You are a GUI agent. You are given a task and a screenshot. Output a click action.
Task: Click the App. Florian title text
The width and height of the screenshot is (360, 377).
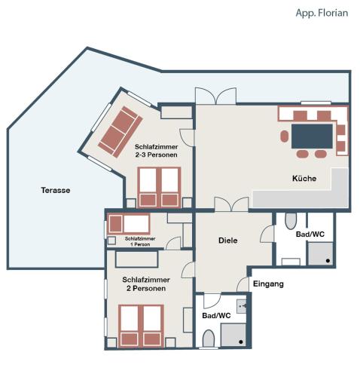click(322, 13)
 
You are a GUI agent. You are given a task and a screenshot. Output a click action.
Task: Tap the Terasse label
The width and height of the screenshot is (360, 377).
click(56, 190)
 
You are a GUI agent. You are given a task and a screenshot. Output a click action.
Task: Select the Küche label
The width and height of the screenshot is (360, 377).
click(304, 179)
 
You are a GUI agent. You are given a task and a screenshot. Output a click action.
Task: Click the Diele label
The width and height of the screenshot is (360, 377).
click(228, 241)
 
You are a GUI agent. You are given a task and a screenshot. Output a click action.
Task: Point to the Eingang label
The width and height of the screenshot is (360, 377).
click(268, 284)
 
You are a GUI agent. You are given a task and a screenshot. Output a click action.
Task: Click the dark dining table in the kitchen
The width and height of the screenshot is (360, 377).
click(312, 136)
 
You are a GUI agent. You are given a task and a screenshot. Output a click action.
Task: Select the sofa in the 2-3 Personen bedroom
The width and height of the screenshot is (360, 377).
click(121, 132)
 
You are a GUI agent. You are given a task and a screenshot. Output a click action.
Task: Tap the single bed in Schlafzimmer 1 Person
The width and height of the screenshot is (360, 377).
click(129, 224)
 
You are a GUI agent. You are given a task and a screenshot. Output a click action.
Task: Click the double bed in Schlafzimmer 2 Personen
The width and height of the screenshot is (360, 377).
click(141, 326)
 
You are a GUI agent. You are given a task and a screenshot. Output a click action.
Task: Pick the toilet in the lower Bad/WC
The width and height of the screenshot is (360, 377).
click(209, 339)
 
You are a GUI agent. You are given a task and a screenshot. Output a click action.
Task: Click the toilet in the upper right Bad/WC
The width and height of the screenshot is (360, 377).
click(291, 221)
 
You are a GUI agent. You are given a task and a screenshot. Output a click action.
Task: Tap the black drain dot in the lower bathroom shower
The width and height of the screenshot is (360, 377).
click(241, 342)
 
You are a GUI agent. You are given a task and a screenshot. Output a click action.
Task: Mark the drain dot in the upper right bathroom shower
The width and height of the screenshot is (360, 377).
click(328, 261)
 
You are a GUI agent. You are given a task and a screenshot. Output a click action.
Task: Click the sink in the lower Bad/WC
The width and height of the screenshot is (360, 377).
click(242, 306)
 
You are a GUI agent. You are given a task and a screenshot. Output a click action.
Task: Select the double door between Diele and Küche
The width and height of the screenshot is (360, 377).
click(231, 204)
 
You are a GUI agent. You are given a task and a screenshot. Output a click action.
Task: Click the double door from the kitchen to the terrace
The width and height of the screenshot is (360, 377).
click(216, 96)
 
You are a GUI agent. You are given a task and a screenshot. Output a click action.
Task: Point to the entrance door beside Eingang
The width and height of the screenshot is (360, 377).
click(243, 284)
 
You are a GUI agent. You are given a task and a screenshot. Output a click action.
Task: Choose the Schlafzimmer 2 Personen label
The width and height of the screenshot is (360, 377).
click(146, 284)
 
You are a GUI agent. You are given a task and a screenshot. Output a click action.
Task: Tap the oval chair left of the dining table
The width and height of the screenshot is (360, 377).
click(285, 136)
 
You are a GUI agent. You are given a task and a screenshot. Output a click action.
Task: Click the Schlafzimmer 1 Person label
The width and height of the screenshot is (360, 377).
click(140, 241)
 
